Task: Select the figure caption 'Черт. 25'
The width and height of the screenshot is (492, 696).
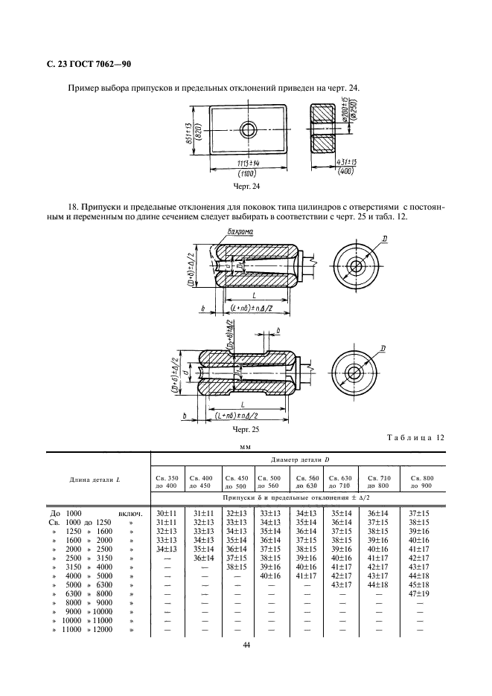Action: (x=246, y=429)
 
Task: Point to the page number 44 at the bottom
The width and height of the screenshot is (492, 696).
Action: (x=246, y=645)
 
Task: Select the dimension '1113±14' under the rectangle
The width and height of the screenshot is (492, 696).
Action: (x=247, y=162)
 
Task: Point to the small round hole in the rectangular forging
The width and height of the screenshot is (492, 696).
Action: (x=248, y=130)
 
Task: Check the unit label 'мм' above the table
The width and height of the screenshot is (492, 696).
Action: (x=245, y=448)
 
